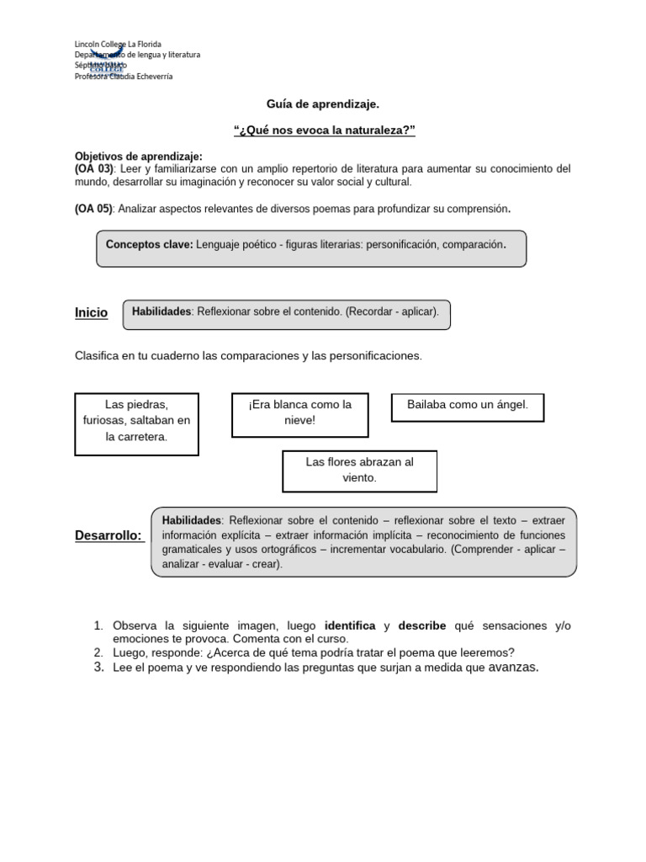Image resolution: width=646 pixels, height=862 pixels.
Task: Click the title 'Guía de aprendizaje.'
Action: pos(323,104)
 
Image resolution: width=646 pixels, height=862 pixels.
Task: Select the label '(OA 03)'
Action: pos(93,169)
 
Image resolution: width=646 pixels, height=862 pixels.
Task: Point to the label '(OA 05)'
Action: pos(93,209)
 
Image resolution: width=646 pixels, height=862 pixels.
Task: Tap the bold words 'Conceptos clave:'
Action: pos(149,245)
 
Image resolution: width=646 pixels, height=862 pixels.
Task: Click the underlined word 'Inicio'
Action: pos(91,313)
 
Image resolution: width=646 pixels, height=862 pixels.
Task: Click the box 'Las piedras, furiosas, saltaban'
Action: pos(136,421)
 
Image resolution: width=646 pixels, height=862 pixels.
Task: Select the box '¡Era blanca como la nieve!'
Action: pos(299,412)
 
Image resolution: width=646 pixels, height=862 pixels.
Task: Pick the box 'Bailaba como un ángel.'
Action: pos(468,405)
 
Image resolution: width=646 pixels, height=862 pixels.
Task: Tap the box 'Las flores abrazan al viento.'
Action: pos(359,470)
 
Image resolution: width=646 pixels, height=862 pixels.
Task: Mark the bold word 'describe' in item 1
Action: pos(422,625)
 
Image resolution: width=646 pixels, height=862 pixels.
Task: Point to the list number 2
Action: pos(98,652)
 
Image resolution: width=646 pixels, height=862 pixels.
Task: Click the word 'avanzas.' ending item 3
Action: pos(513,668)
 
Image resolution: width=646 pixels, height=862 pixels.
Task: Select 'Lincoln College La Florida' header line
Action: pos(118,44)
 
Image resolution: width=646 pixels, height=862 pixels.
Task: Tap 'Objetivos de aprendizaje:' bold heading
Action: pos(139,157)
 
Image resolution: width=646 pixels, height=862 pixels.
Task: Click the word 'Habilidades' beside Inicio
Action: pos(161,311)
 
